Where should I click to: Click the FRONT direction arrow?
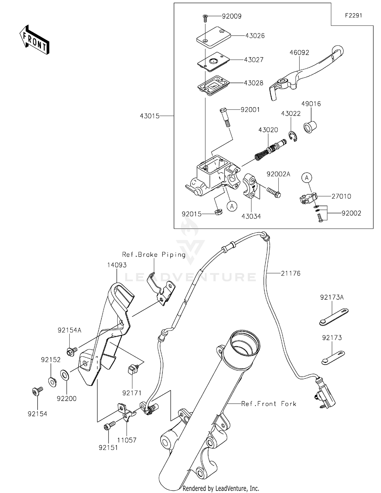[34, 40]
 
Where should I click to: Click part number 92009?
[231, 16]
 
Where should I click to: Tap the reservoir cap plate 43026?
[214, 37]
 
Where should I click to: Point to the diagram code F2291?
[353, 16]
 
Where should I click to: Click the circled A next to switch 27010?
[307, 178]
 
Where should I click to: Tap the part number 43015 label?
[150, 116]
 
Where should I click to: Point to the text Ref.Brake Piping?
[154, 254]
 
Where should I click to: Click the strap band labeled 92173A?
[334, 317]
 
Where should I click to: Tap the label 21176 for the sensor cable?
[291, 273]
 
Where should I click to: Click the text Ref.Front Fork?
[269, 404]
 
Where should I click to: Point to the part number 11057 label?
[127, 440]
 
